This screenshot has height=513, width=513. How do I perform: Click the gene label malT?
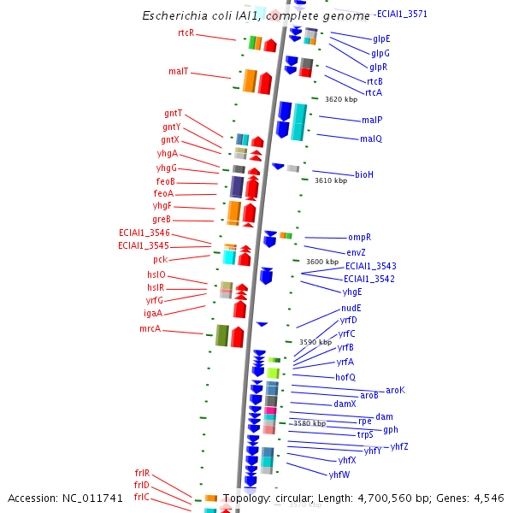tap(178, 72)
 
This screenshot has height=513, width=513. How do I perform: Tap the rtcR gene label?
tap(186, 33)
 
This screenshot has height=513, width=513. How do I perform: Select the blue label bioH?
tap(364, 174)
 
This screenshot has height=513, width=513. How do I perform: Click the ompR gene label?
tap(359, 237)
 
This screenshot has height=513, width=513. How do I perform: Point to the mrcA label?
tap(150, 328)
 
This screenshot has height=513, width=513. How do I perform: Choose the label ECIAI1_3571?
tap(402, 14)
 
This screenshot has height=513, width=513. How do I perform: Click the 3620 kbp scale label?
tap(340, 100)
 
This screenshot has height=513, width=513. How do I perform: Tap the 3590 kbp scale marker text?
tap(315, 342)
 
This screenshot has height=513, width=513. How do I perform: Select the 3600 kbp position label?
tap(322, 262)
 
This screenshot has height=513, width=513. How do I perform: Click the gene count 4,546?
tap(488, 498)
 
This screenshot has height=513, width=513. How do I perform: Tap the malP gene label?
tap(372, 121)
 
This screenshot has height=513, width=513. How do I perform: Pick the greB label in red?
tap(162, 220)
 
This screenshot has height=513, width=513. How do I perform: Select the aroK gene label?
tap(395, 390)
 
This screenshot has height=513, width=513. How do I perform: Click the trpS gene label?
tap(365, 435)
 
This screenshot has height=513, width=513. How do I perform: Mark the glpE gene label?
tap(381, 39)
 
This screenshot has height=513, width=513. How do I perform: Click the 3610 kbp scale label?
tap(331, 180)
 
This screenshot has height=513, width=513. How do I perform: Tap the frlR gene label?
tap(142, 473)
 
